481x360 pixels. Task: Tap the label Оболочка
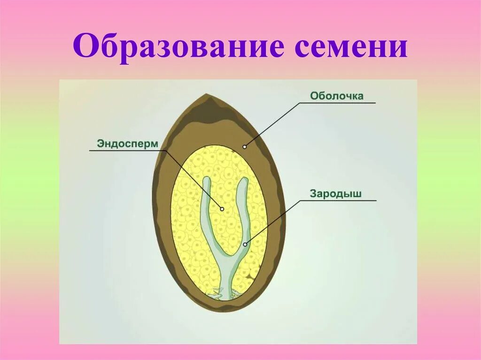tap(336, 96)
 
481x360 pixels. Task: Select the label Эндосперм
tap(126, 143)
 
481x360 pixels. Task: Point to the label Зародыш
tap(335, 193)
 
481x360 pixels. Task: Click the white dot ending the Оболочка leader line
tap(244, 146)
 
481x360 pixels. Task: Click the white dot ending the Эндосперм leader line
tap(222, 209)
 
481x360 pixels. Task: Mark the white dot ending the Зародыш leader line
tap(245, 244)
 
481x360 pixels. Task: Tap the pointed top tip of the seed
tap(206, 95)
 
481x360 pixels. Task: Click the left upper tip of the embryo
tap(206, 179)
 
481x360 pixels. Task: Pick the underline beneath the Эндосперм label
tap(127, 151)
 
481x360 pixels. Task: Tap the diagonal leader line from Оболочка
tap(272, 124)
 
